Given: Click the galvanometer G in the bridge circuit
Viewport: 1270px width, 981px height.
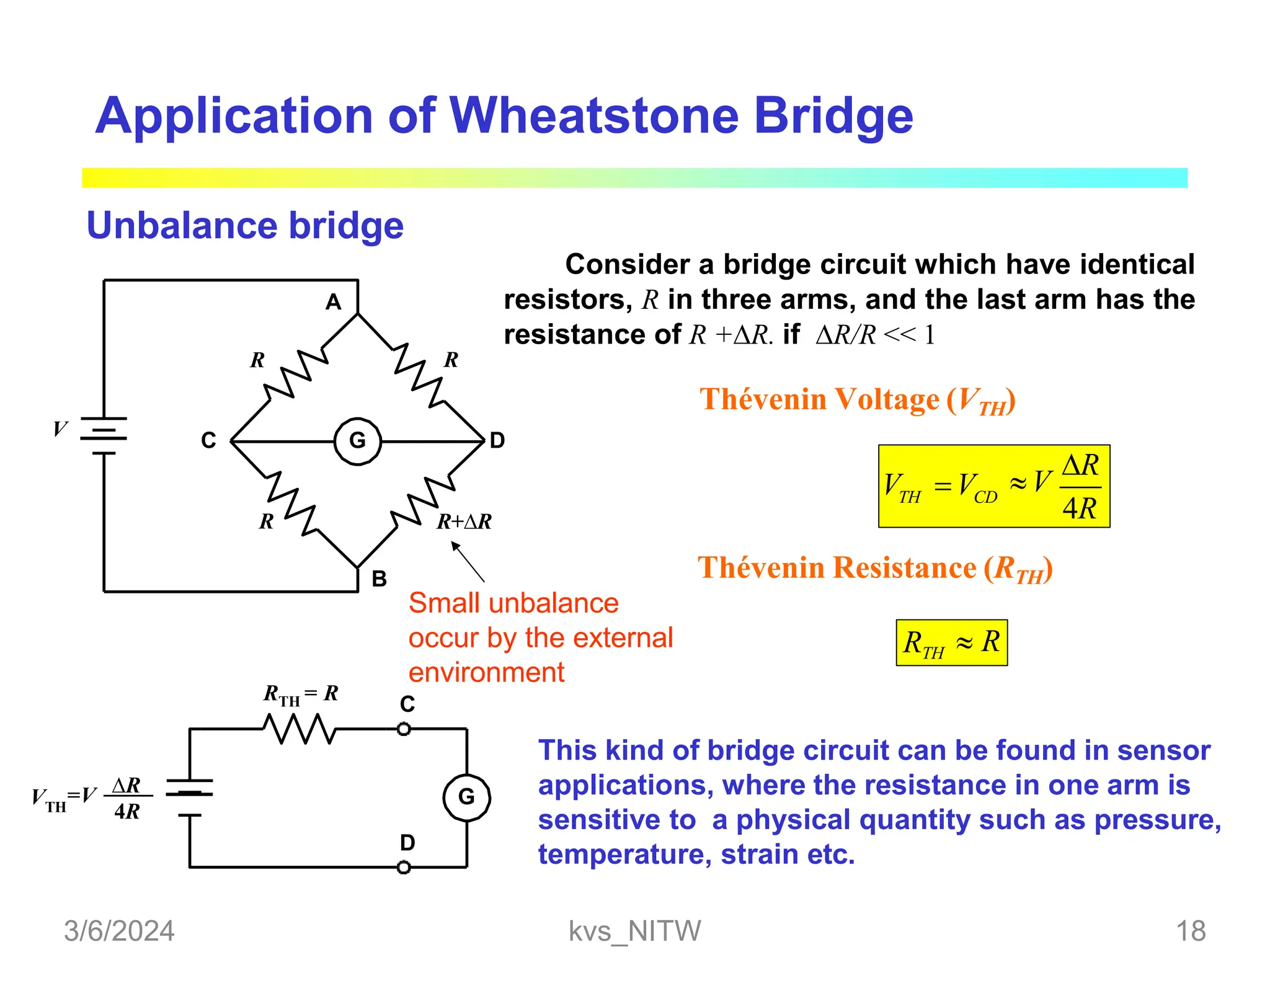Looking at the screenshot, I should pos(358,441).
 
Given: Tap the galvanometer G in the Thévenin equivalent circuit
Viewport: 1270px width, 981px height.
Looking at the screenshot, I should pos(466,797).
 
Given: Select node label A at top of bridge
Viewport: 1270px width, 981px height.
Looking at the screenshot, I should pos(334,302).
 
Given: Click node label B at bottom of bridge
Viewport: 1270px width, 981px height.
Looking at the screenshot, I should pos(379,579).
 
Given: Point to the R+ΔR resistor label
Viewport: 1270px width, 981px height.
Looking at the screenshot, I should pos(464,522).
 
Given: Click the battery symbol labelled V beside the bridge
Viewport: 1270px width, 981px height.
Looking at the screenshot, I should pos(104,437).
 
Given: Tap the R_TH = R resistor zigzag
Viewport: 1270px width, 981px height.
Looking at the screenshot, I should pos(300,729).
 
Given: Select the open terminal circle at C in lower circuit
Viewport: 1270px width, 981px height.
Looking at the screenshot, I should pos(404,729).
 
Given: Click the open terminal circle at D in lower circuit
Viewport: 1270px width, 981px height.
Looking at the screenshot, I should pos(404,867).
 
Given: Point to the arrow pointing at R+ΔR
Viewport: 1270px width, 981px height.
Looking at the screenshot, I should pos(468,561).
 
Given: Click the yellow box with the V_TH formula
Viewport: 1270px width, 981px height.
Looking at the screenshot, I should pos(993,486).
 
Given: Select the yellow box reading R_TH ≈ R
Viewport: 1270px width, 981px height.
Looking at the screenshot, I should pos(951,642).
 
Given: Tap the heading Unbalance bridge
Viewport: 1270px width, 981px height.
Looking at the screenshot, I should pos(245,225).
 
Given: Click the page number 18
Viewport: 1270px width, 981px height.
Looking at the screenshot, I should pos(1191,931).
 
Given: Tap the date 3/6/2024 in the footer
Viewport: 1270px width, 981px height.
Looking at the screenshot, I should pos(119,931).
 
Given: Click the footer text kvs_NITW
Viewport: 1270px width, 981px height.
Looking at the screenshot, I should pos(634,931).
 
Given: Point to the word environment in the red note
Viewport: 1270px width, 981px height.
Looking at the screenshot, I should pos(486,673).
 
